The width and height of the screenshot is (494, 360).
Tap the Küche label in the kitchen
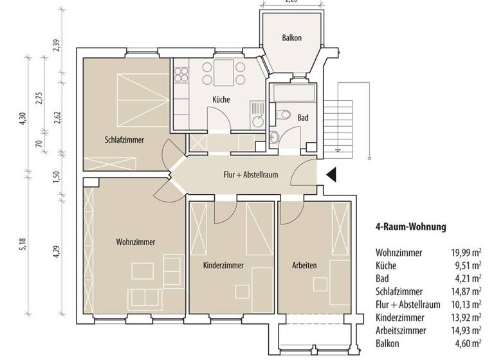coord(221,100)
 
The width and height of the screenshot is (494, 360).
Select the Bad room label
coord(303,118)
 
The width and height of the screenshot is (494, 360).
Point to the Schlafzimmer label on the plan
coord(124,139)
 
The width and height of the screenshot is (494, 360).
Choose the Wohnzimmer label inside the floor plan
coord(135,242)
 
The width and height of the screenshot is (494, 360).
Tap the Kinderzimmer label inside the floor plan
coord(224,265)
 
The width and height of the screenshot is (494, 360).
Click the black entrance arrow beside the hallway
coord(331,174)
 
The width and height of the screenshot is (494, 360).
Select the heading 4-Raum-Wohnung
coord(410,227)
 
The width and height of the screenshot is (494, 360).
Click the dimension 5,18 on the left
coord(24,243)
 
